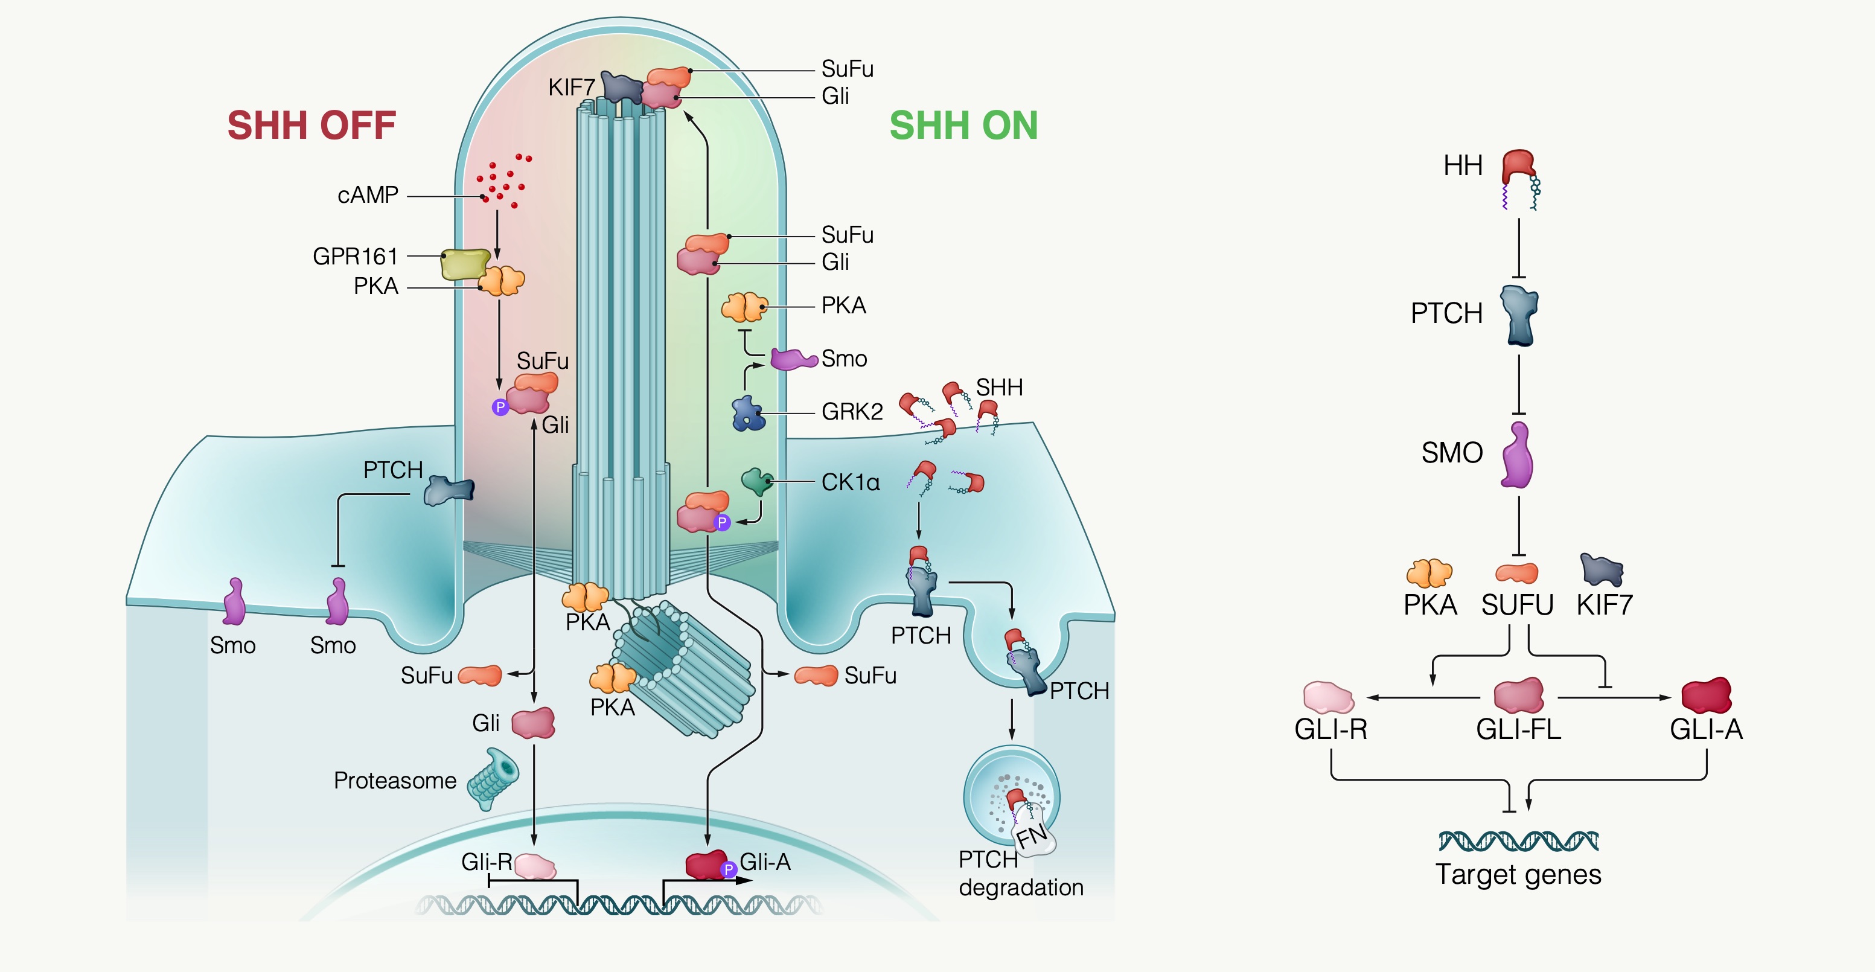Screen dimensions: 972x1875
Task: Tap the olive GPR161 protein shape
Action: tap(464, 264)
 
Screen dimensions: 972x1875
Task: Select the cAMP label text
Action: tap(368, 195)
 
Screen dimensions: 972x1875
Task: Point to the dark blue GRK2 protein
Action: tap(747, 414)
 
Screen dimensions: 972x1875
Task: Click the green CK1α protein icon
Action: tap(756, 481)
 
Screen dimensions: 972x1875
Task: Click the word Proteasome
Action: tap(395, 781)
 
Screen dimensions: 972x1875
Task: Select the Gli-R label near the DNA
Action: tap(486, 862)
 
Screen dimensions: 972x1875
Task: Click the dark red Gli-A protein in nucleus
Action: tap(705, 865)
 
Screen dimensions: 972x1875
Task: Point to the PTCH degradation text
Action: tap(1020, 874)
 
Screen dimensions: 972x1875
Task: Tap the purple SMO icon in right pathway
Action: tap(1518, 456)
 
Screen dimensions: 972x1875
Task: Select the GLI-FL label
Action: tap(1518, 729)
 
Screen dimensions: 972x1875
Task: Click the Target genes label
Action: tap(1518, 874)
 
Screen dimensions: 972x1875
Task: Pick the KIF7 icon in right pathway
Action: tap(1602, 570)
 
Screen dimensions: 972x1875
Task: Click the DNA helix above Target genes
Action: tap(1518, 841)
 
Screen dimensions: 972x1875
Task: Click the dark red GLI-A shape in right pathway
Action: tap(1706, 696)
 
